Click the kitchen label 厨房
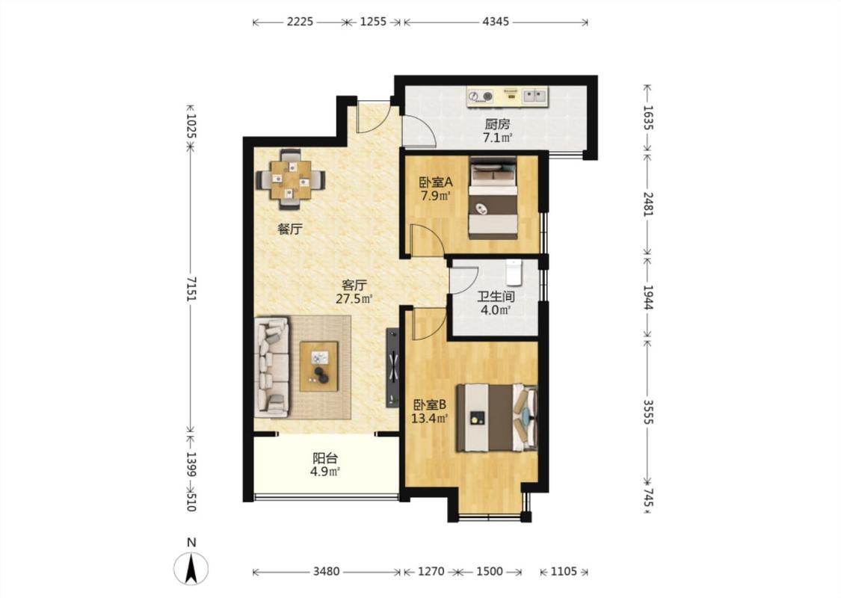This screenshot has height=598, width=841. pos(497,124)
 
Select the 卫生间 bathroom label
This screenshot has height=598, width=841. pos(496,296)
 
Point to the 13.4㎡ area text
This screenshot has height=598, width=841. pos(430,418)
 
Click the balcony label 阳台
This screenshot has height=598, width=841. pos(325,458)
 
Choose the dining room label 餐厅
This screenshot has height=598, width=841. pos(289,229)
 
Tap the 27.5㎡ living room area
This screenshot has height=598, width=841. pos(354,299)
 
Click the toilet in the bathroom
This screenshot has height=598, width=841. pos(514,272)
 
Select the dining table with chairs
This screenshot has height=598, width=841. pos(291,179)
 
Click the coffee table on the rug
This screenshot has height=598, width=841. pos(319,366)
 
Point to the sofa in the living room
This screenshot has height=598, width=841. pos(271,367)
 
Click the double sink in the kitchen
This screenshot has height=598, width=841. pos(535,96)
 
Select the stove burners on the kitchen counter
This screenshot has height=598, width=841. pos(480,96)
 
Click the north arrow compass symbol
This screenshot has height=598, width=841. pos(191,567)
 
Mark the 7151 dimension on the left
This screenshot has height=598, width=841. pos(191,289)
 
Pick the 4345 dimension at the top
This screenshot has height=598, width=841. pos(496,22)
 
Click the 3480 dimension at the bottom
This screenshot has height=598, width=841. pos(326,572)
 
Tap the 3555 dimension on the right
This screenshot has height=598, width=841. pos(648,412)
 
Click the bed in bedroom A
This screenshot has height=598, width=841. pos(493,198)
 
